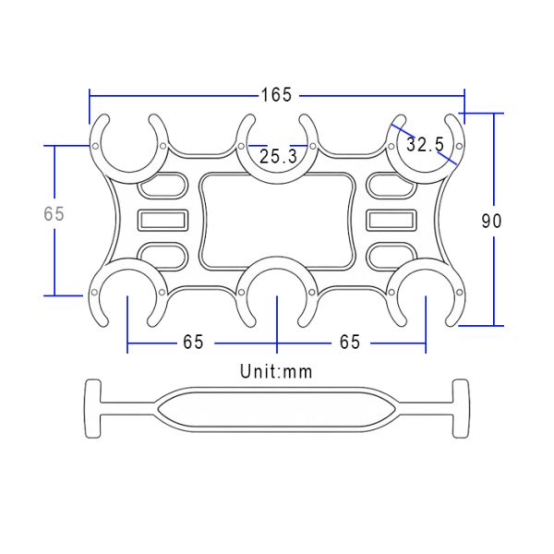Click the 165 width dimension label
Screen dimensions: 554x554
tap(277, 95)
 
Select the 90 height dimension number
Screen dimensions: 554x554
tap(491, 221)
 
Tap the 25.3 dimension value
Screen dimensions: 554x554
tap(279, 156)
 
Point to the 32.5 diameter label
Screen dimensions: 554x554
tap(425, 144)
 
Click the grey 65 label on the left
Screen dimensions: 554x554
tap(54, 214)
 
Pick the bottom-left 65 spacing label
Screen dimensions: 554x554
tap(193, 342)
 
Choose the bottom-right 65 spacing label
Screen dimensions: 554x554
tap(350, 342)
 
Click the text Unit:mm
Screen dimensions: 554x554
tap(276, 371)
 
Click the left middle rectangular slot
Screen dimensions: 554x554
tap(163, 220)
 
